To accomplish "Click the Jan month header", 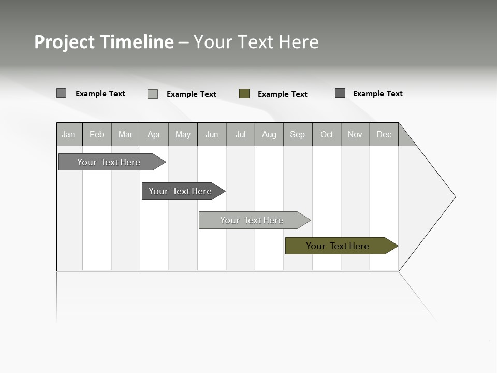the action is [x=69, y=134].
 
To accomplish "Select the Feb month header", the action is [x=97, y=134].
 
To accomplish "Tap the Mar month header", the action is [x=125, y=134].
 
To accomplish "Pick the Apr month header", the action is [x=154, y=134].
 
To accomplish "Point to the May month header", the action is [x=183, y=134].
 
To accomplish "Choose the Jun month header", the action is [x=212, y=134].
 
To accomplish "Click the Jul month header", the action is [x=240, y=134].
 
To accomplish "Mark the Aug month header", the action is [x=269, y=134].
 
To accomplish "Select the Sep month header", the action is [x=298, y=134].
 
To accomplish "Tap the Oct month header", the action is [x=327, y=134].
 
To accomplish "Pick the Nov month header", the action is [x=355, y=134].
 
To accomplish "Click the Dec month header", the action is [x=384, y=134].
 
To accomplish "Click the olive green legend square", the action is [x=244, y=94].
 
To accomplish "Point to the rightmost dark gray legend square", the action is [x=340, y=93].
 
